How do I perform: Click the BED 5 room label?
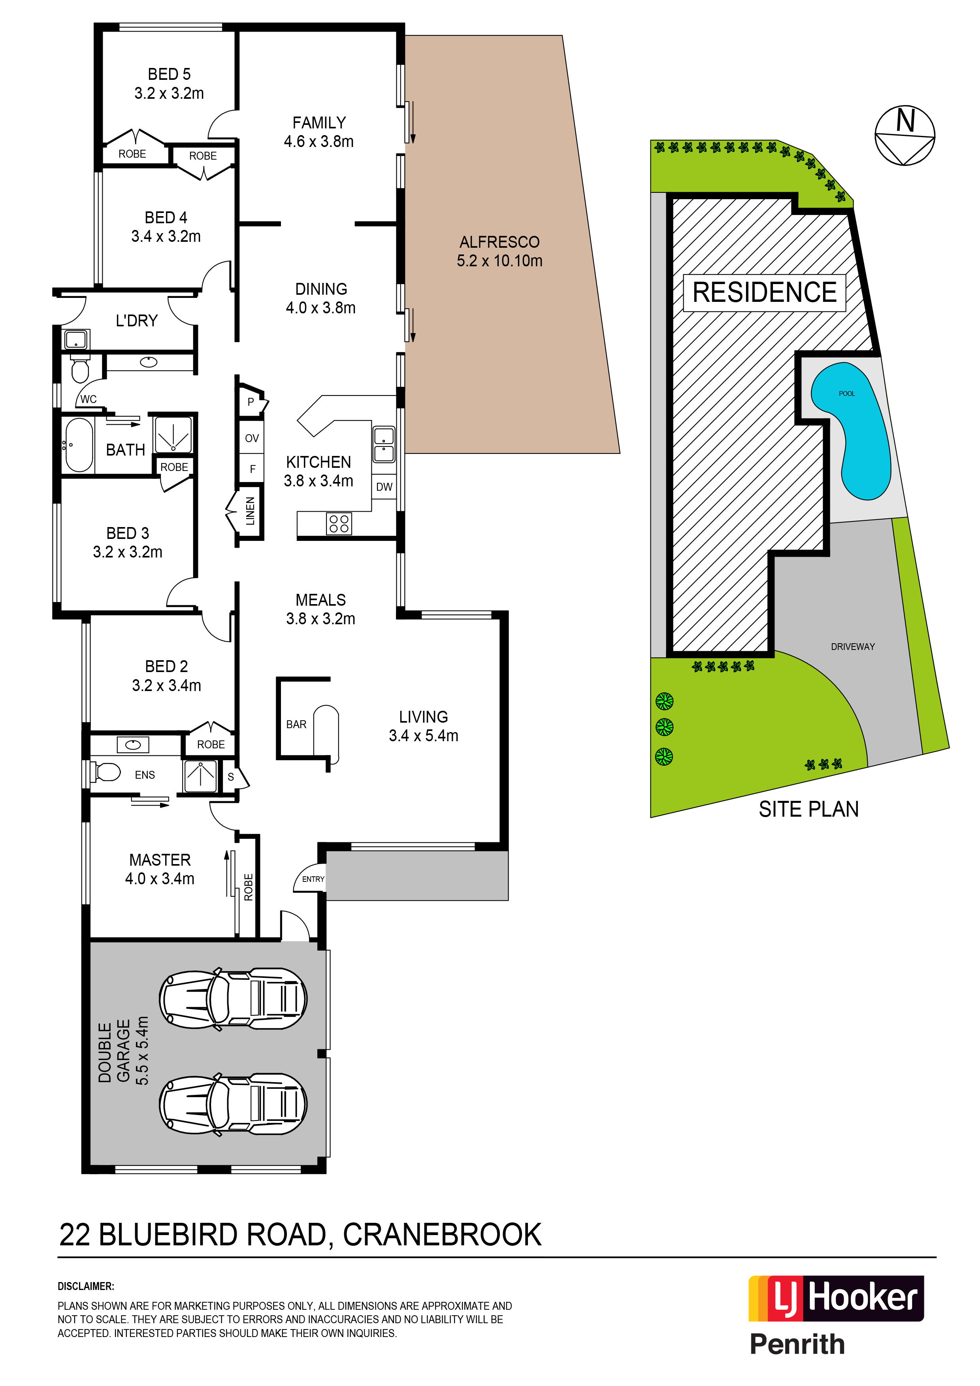[169, 74]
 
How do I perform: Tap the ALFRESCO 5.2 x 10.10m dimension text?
[499, 261]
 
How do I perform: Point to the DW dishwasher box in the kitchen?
[384, 486]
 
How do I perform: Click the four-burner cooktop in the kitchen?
[339, 524]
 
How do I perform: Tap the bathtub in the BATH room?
[79, 445]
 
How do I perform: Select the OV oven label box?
[252, 438]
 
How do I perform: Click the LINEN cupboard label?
[250, 511]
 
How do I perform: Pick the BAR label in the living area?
[296, 724]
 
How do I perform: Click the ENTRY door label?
[313, 879]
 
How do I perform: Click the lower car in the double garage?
[233, 1104]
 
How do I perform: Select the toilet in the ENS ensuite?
[106, 772]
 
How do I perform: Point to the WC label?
[88, 399]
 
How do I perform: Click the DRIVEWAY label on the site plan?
[853, 646]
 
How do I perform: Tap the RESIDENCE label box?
[764, 293]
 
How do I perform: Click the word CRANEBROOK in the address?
[442, 1235]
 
